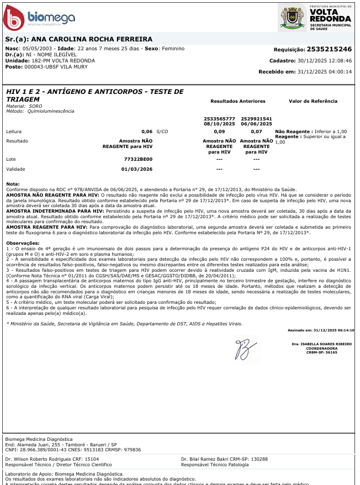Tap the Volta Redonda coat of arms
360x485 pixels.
coord(292,17)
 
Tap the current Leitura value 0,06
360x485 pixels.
coord(147,132)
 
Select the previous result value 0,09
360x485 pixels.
coord(219,132)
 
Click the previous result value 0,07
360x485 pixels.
coord(256,132)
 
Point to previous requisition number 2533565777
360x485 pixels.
coord(219,119)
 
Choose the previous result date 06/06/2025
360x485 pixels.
coord(256,124)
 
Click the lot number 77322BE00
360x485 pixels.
coord(138,159)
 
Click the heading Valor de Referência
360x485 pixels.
coord(313,102)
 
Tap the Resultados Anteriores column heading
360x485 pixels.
coord(238,102)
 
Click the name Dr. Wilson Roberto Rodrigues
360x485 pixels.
coord(38,459)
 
